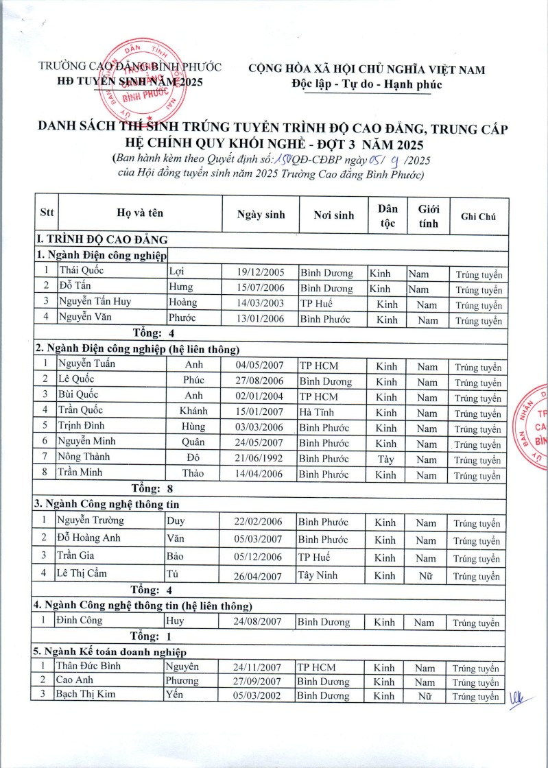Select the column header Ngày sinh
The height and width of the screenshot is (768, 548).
pyautogui.click(x=261, y=215)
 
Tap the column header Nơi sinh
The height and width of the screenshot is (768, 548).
pyautogui.click(x=334, y=215)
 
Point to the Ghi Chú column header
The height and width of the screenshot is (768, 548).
pyautogui.click(x=479, y=216)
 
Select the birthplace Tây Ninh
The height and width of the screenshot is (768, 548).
pyautogui.click(x=319, y=575)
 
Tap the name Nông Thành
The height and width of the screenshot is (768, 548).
pyautogui.click(x=84, y=457)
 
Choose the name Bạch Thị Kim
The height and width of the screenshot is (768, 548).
pyautogui.click(x=87, y=695)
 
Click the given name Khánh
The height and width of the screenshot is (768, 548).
pyautogui.click(x=193, y=411)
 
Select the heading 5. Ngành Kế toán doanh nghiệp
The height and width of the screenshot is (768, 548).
pyautogui.click(x=110, y=651)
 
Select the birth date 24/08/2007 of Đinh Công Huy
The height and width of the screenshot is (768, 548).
pyautogui.click(x=257, y=622)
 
